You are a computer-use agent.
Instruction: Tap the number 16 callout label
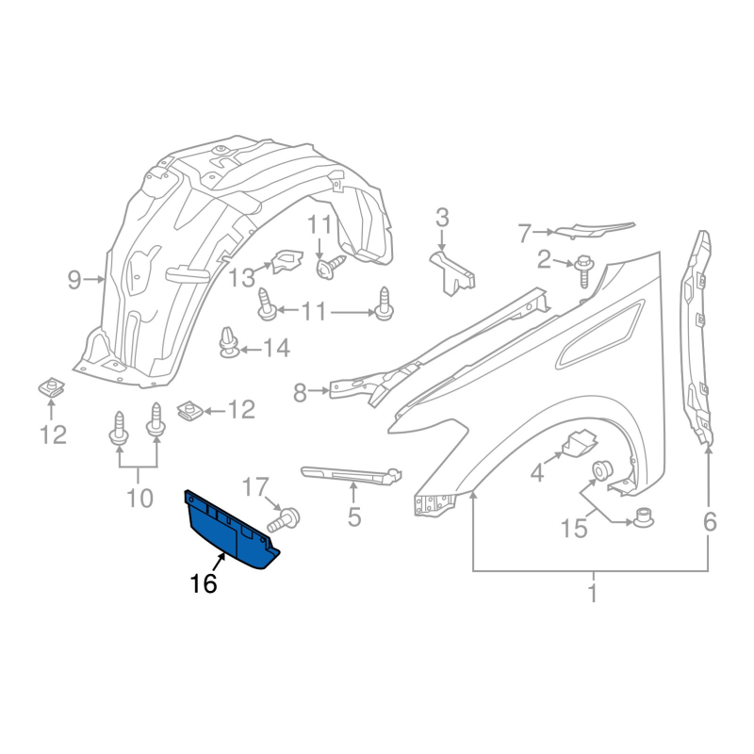coord(203,584)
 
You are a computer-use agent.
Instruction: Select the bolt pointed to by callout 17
coord(286,517)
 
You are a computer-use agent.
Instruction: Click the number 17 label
coord(254,488)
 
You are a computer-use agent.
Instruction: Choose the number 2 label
coord(545,259)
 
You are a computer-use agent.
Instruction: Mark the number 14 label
coord(276,350)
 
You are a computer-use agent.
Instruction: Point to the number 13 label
coord(242,278)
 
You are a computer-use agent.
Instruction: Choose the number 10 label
coord(139,497)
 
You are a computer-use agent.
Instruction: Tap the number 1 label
coord(592,595)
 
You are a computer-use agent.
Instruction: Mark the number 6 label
coord(709,520)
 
